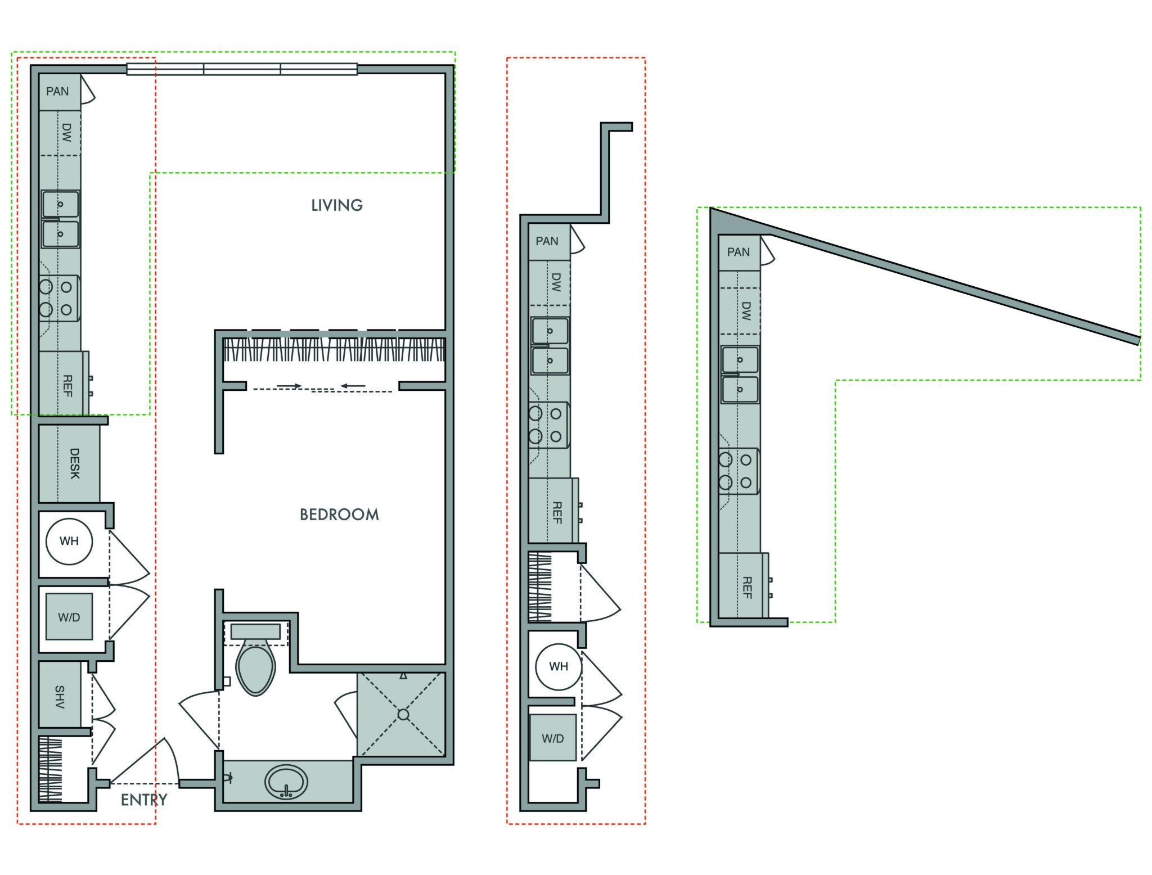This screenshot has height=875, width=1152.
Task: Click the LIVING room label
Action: pos(337,205)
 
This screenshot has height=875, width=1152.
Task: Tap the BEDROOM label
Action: pos(339,515)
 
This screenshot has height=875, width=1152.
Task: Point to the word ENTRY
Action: pos(144,800)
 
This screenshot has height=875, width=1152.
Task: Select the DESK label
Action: pos(74,463)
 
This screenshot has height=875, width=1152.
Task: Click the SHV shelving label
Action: pos(60,697)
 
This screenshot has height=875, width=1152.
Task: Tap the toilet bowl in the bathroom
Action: pos(255,668)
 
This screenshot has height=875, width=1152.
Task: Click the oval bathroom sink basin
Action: pos(286,782)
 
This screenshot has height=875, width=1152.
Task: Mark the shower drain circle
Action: pos(403,715)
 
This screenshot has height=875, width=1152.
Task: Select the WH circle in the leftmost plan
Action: pos(69,542)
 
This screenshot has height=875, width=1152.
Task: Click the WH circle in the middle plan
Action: pos(559,667)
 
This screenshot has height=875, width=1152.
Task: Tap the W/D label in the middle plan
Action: pos(553,738)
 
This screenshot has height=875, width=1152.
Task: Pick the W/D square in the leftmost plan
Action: pos(69,617)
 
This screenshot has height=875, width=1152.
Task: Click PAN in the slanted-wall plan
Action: pos(739,252)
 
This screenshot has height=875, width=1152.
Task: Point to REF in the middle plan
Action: pos(557,513)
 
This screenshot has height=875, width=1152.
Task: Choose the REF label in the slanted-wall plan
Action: pos(747,588)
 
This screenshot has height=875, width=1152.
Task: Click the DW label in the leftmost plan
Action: pos(66,133)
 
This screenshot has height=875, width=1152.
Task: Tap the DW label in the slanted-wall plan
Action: pos(746,311)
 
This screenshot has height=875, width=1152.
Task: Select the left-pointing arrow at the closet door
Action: pos(353,386)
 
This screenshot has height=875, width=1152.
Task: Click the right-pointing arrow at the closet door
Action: pos(289,386)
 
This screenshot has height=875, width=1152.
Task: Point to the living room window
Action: pos(242,69)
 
